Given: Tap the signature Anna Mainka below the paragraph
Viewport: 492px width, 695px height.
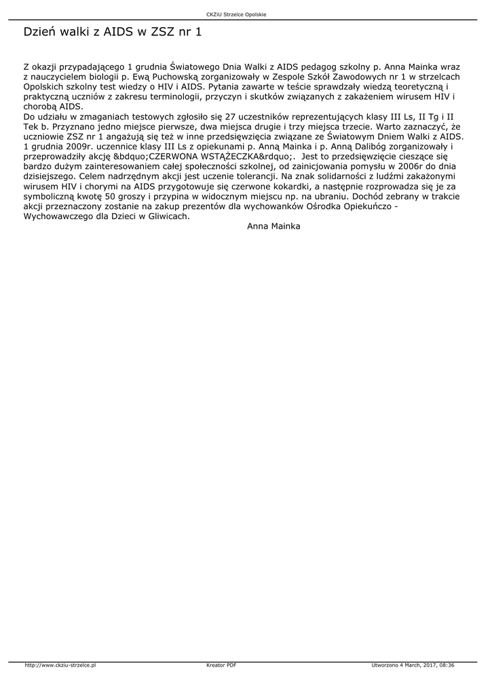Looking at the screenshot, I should pyautogui.click(x=273, y=226).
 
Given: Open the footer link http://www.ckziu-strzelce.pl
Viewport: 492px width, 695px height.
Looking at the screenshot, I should pyautogui.click(x=60, y=665).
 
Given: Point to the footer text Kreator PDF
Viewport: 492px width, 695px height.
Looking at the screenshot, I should pyautogui.click(x=221, y=665).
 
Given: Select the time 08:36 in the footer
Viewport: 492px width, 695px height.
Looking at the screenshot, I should pyautogui.click(x=447, y=665).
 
